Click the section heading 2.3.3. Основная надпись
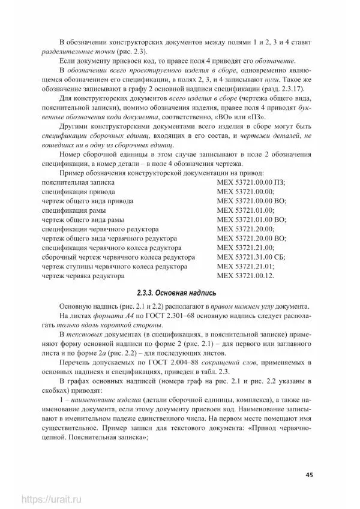pyautogui.click(x=179, y=294)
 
